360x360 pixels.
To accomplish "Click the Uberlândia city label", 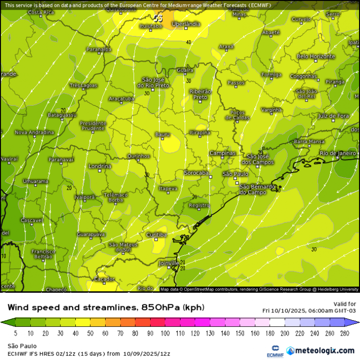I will [x=186, y=24].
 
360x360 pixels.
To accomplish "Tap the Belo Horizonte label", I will [x=316, y=56].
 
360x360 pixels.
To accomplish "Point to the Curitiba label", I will [x=156, y=235].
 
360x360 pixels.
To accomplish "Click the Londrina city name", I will [x=100, y=166].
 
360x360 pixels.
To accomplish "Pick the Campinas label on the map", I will [x=223, y=153].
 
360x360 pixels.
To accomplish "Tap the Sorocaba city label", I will [x=196, y=172].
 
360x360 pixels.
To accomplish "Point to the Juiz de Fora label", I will [x=333, y=116].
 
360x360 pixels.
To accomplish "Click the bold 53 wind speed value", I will [x=158, y=18].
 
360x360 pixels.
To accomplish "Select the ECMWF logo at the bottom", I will [x=275, y=350].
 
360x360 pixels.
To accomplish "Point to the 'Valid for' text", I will [x=345, y=304].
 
